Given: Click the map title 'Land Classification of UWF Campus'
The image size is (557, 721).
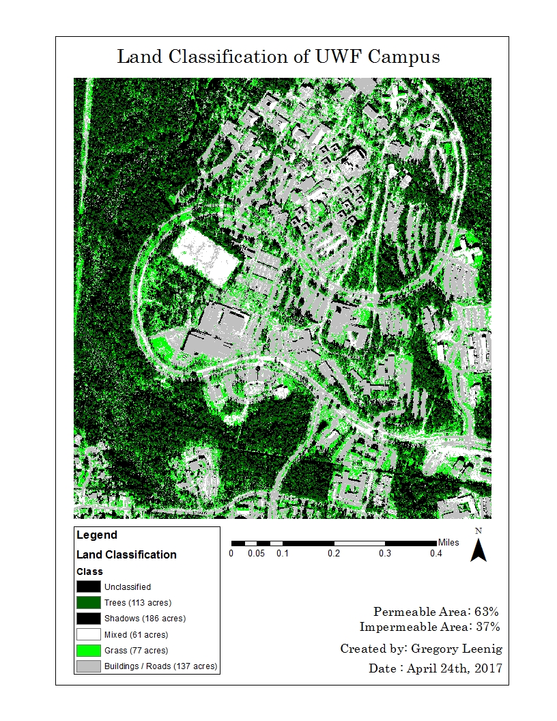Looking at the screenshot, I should click(x=278, y=56).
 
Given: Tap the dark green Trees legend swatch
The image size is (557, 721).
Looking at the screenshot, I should click(x=88, y=602).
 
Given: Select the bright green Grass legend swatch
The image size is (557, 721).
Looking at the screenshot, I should click(x=88, y=650).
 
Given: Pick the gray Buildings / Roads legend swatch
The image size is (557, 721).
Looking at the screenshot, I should click(x=88, y=666).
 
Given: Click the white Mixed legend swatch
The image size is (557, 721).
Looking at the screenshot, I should click(x=88, y=634).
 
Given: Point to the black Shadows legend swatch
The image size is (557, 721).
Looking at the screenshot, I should click(x=88, y=618).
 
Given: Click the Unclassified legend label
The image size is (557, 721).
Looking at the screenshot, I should click(x=128, y=586).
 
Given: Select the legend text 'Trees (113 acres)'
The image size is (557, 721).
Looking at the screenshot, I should click(x=137, y=602).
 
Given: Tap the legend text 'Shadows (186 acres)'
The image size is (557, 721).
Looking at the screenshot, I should click(x=145, y=619).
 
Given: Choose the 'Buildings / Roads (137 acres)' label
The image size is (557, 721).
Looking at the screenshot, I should click(x=160, y=666).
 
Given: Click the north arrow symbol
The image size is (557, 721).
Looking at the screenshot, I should click(x=479, y=548).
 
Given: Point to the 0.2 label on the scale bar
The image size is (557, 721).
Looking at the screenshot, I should click(x=334, y=554).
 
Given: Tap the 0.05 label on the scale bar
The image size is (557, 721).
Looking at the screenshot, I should click(x=256, y=554).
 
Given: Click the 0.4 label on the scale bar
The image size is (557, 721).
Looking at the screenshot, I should click(x=436, y=554).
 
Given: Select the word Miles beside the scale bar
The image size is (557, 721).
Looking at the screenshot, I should click(x=448, y=542).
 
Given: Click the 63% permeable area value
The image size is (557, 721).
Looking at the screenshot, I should click(x=487, y=611).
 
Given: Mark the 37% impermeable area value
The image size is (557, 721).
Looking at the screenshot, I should click(x=487, y=626).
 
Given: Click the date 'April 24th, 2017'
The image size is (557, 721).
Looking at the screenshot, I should click(x=454, y=668).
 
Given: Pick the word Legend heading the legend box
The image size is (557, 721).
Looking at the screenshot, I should click(x=97, y=535).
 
